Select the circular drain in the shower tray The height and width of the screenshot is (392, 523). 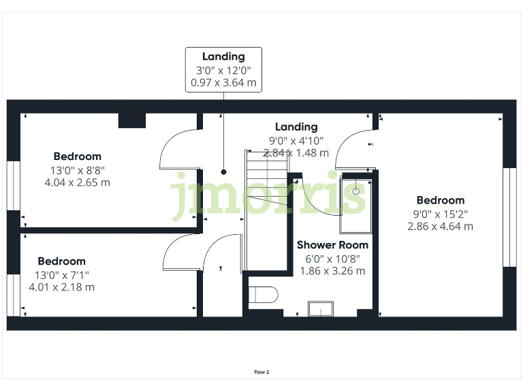356,191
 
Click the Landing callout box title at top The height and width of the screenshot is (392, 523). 223,56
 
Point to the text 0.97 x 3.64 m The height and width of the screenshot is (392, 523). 223,82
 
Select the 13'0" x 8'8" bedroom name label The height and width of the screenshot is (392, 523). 77,157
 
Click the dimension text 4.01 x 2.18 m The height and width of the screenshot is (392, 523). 61,287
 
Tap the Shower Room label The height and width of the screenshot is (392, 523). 332,245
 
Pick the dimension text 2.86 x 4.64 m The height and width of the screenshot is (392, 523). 440,226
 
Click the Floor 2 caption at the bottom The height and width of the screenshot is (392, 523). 261,372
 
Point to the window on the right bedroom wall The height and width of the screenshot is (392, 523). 509,217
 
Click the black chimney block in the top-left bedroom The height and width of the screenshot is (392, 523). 132,120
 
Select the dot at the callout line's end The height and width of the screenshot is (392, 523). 223,172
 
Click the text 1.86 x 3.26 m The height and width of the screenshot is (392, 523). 332,271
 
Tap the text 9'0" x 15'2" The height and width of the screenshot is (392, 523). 440,213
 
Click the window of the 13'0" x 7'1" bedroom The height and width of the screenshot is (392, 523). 12,295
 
